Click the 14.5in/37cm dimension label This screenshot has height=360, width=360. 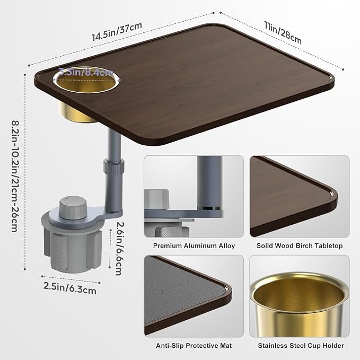[x=117, y=31]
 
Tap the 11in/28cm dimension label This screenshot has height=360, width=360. [x=283, y=32]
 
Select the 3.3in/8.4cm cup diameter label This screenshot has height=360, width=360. [x=86, y=72]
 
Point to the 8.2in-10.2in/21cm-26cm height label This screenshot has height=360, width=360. [x=15, y=177]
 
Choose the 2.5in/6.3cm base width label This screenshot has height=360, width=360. [x=70, y=288]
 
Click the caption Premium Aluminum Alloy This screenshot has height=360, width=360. [x=194, y=246]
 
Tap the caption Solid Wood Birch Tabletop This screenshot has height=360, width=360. [x=300, y=246]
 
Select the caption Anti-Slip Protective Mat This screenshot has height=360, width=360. [x=194, y=346]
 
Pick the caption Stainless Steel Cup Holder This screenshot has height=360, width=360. [x=301, y=346]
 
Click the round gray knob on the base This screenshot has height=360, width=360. [x=73, y=207]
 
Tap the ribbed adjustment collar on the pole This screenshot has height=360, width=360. [x=114, y=166]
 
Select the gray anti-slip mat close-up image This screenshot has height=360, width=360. [x=194, y=296]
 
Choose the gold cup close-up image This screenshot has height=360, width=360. [x=300, y=296]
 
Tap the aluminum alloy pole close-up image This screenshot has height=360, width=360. [x=194, y=196]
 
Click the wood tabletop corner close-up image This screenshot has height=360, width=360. [x=300, y=196]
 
